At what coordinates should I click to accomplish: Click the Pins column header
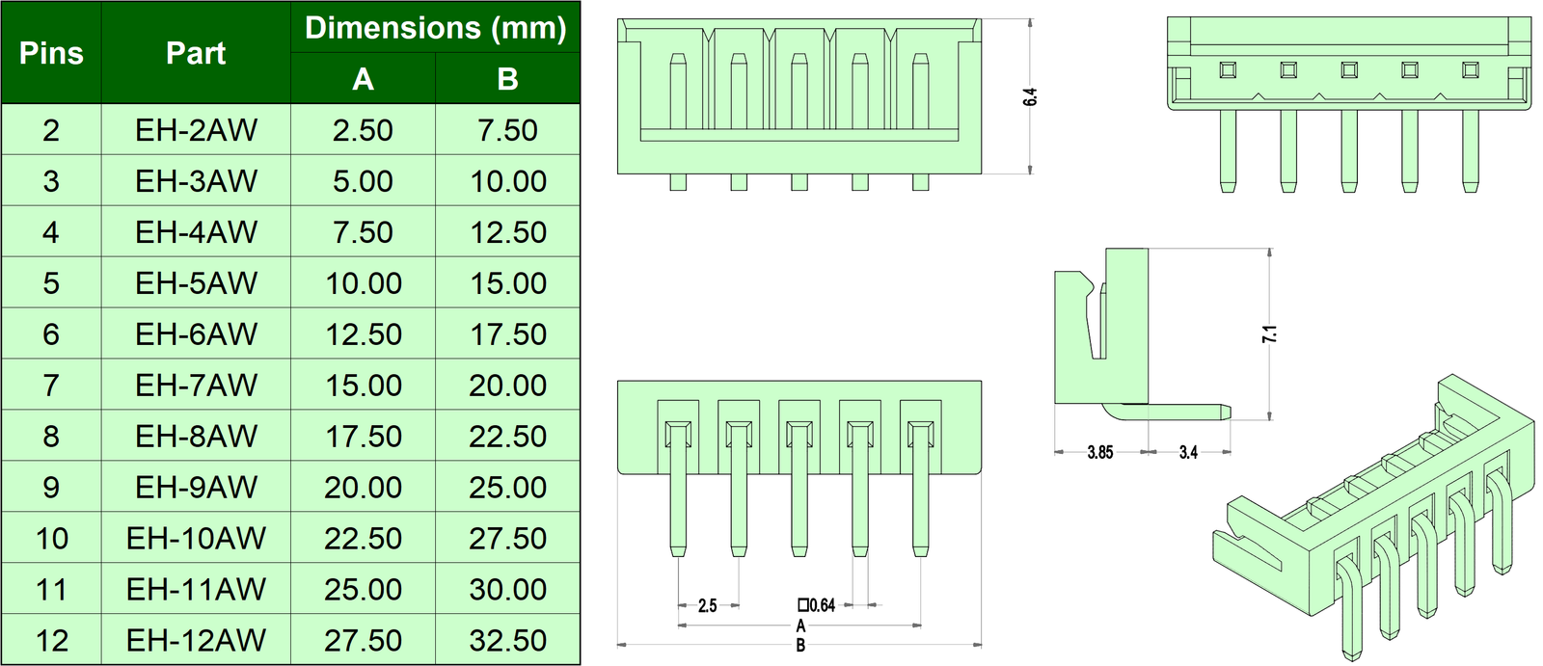[x=51, y=53]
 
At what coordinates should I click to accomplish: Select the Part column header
[x=196, y=53]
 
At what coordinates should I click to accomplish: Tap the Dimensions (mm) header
[x=435, y=28]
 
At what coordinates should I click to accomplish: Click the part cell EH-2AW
[x=196, y=130]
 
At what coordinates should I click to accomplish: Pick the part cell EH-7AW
[x=196, y=385]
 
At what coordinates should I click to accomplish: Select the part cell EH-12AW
[x=196, y=641]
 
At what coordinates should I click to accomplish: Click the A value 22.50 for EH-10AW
[x=363, y=539]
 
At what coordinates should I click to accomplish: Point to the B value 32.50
[x=507, y=641]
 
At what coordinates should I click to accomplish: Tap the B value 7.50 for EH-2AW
[x=507, y=130]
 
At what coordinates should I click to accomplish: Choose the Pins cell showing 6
[x=51, y=334]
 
